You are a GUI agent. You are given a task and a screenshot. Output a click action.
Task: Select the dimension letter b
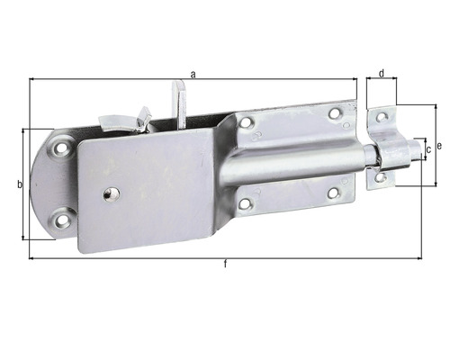[19, 185]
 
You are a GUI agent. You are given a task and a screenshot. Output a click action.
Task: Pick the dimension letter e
[438, 145]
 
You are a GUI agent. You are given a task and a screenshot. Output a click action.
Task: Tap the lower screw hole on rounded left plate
[62, 216]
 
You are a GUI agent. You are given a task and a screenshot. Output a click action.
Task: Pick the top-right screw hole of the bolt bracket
[335, 113]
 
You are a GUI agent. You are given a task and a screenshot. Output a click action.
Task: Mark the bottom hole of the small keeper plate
[381, 177]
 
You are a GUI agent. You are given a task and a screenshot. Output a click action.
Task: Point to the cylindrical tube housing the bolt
[297, 162]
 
